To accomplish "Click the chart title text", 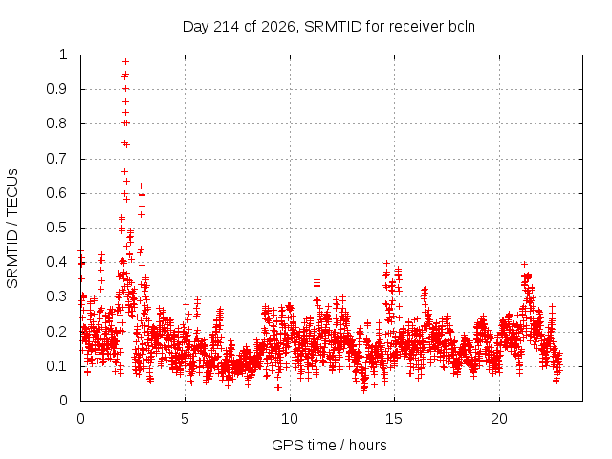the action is tap(329, 27).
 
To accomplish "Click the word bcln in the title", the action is tap(462, 27).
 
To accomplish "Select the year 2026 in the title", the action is tap(278, 27).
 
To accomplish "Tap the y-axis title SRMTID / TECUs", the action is tap(12, 229).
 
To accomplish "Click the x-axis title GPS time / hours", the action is tap(329, 445).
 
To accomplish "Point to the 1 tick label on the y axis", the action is tap(64, 55).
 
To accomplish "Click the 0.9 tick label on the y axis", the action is tap(57, 89).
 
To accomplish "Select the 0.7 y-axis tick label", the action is tap(57, 159).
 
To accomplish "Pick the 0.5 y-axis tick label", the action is tap(57, 228).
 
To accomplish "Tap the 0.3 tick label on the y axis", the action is tap(57, 296).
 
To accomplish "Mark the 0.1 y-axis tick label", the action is tap(57, 366).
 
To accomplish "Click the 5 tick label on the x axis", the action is tap(185, 419).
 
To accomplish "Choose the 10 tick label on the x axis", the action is tap(290, 419).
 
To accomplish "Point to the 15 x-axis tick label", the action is tap(394, 419).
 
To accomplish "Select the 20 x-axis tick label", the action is tap(499, 419).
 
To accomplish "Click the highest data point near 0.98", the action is tap(125, 61).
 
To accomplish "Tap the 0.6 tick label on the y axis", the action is tap(57, 193).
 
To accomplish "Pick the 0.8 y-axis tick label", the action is tap(57, 123).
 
